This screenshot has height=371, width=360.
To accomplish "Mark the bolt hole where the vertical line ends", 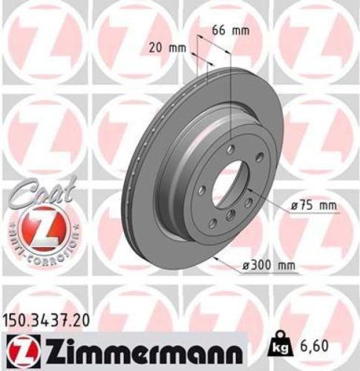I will pos(231,150).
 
